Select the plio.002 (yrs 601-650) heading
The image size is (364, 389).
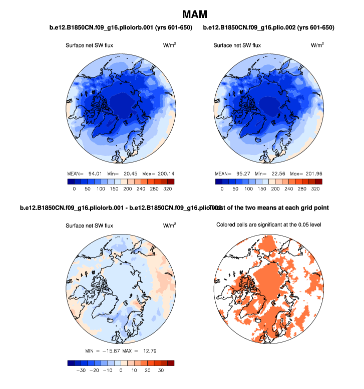pos(269,27)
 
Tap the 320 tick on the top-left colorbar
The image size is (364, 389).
pos(168,189)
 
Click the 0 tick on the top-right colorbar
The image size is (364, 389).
pos(222,189)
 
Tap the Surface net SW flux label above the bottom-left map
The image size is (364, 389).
pos(90,225)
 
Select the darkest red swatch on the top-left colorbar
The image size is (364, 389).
pos(171,181)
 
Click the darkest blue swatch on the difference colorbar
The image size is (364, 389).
pos(71,363)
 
